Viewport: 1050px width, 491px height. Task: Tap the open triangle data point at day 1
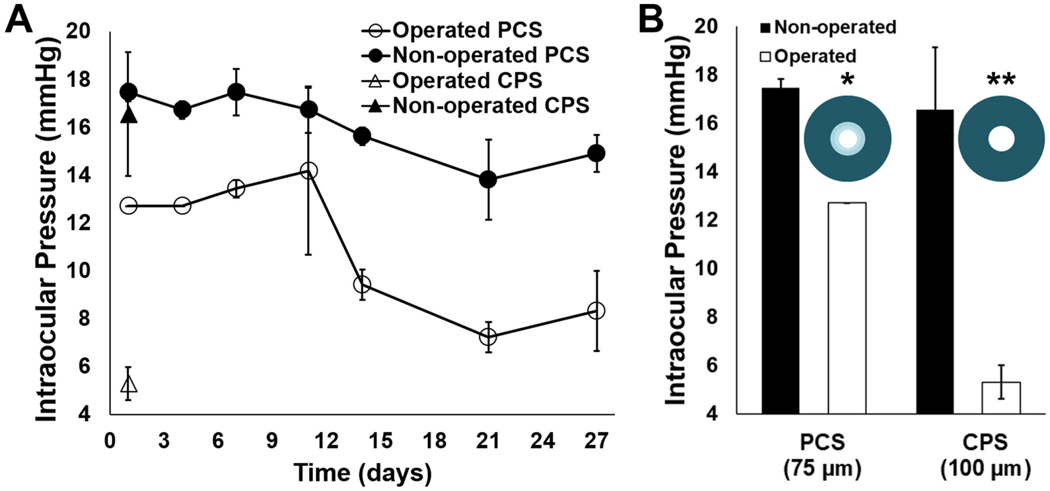pos(128,384)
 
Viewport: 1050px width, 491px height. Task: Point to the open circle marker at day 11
pos(308,170)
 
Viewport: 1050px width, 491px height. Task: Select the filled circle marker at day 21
pos(488,180)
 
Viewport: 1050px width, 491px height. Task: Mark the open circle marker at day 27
pos(596,310)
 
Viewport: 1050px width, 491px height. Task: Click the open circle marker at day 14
pos(362,284)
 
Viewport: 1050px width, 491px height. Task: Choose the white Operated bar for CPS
pos(1001,397)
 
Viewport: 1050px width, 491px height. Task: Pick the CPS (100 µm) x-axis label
pos(992,458)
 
